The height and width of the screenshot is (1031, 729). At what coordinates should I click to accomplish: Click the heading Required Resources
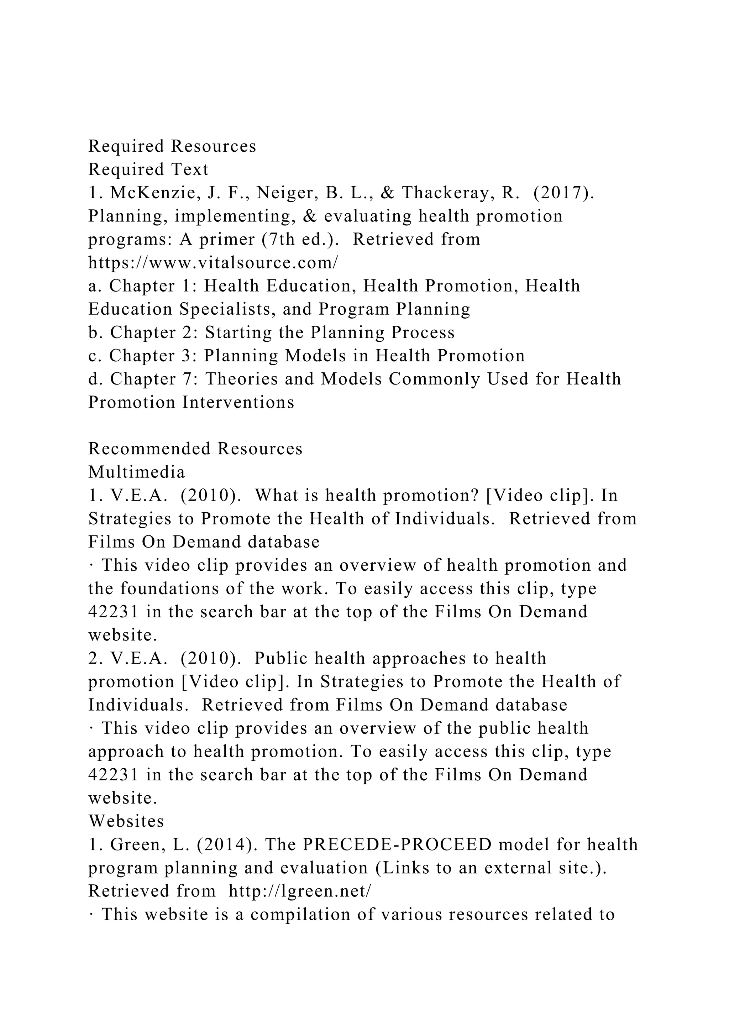click(x=172, y=146)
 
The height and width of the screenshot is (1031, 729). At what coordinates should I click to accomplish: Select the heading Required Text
click(x=148, y=170)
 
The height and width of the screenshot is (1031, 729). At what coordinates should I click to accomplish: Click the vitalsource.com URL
click(x=213, y=263)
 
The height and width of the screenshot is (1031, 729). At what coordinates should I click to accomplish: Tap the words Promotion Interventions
click(x=191, y=402)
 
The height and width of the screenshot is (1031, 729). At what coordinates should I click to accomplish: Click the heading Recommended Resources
click(x=195, y=449)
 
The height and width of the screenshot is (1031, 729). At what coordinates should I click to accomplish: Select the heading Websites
click(x=126, y=821)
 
